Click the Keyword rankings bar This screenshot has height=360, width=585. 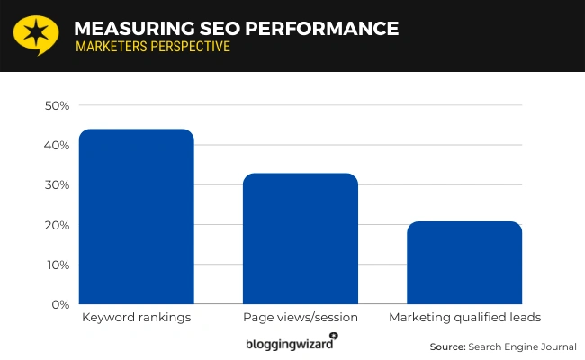click(136, 217)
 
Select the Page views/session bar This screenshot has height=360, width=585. click(301, 238)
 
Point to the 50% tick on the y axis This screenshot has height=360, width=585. click(57, 105)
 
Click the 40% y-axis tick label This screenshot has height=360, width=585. click(57, 146)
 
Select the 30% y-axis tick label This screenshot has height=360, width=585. click(57, 185)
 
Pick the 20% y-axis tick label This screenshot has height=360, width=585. click(57, 225)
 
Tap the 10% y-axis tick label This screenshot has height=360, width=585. click(57, 265)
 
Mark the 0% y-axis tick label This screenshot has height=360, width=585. click(60, 305)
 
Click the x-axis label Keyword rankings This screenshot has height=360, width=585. click(136, 319)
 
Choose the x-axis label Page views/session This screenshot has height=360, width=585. click(301, 319)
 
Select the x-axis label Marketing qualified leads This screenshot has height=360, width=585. click(464, 319)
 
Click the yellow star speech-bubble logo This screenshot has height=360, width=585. click(34, 33)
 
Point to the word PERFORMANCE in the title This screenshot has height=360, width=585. click(311, 28)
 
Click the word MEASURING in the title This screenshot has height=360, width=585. click(121, 28)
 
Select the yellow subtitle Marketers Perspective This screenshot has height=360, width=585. click(153, 46)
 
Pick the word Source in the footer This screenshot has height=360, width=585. click(446, 346)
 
